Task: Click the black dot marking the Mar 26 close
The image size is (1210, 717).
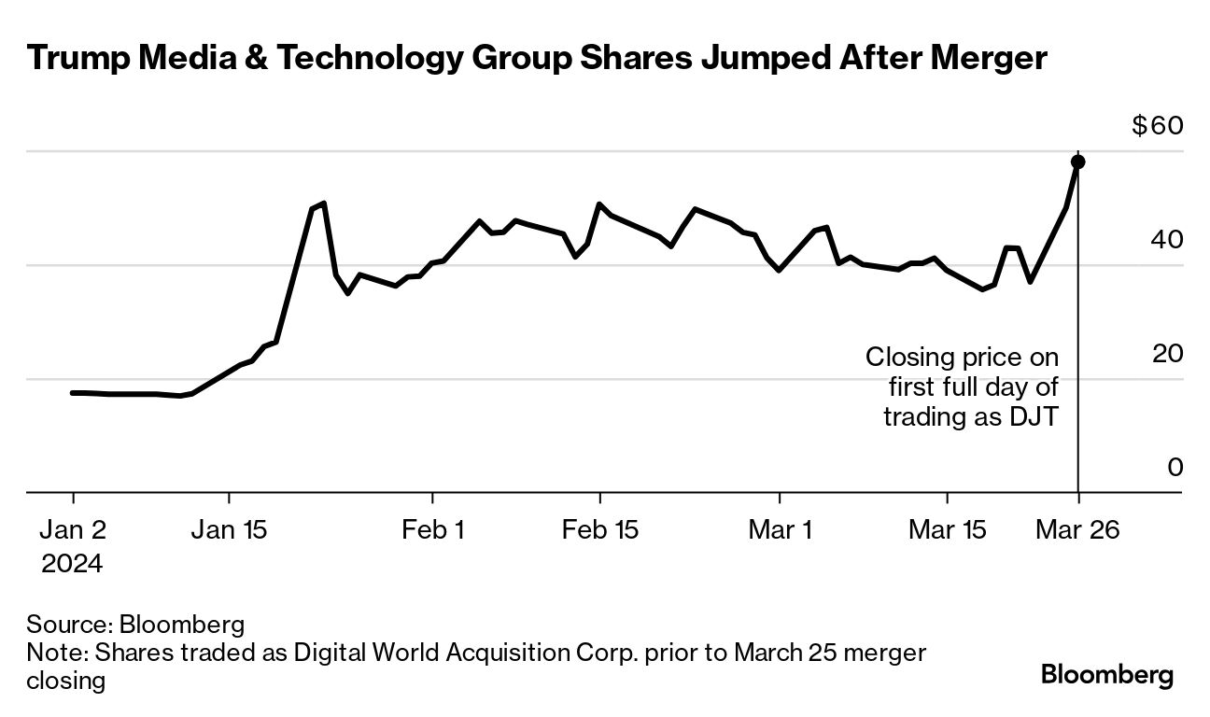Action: (1077, 162)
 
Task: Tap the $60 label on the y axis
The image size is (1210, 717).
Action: (1157, 126)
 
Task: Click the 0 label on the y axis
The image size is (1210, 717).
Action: (1175, 468)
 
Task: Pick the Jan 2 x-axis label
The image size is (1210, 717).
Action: (73, 530)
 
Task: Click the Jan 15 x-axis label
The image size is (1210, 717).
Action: (229, 530)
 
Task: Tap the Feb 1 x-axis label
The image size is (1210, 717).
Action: (432, 530)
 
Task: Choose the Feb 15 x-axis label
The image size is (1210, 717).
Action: (599, 530)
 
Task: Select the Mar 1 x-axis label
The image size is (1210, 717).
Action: (780, 530)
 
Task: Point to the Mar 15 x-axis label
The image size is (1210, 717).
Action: (948, 530)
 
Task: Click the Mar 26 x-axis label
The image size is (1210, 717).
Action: (1078, 530)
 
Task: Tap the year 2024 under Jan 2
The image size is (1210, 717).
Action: (72, 564)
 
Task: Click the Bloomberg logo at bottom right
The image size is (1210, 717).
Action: (1107, 675)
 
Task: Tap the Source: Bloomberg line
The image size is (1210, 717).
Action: (135, 624)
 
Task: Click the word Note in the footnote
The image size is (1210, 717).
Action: (50, 653)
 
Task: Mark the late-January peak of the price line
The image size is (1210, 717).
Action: (322, 203)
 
